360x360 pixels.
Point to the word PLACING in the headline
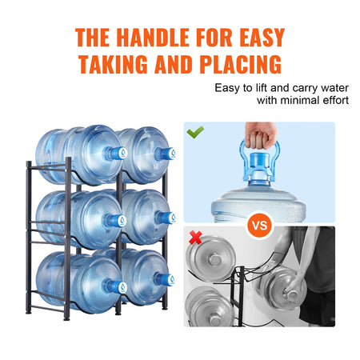[238, 64]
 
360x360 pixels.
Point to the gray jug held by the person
[285, 289]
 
